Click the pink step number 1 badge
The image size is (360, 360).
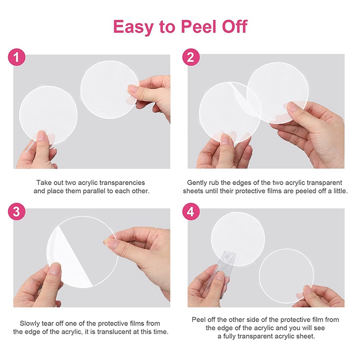[17, 57]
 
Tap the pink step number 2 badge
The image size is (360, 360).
[191, 57]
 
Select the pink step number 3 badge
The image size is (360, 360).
[17, 211]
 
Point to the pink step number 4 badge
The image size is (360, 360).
[191, 211]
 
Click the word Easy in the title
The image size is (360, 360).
[133, 27]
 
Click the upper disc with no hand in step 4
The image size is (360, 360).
[238, 239]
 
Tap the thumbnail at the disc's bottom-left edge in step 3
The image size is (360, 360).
[54, 269]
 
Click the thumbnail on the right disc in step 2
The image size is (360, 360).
[293, 107]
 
